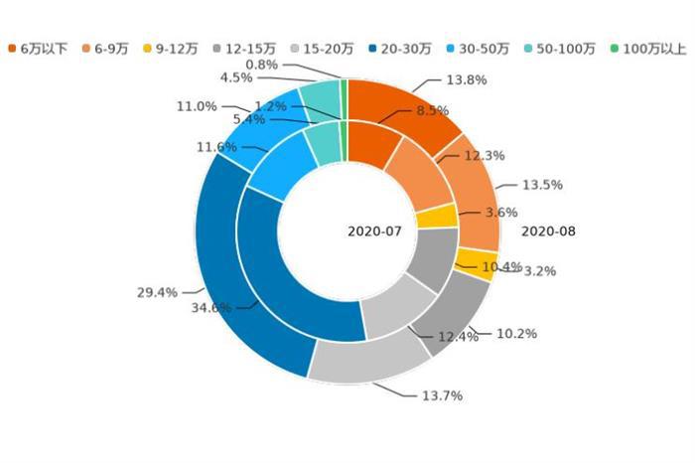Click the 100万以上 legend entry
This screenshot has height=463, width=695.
[x=647, y=48]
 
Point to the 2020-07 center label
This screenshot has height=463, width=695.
[x=374, y=231]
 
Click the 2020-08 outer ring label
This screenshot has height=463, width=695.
[x=548, y=231]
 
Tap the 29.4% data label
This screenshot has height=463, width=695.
[x=157, y=292]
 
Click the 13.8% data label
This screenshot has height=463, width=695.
[x=467, y=79]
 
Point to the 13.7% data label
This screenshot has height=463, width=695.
[x=442, y=395]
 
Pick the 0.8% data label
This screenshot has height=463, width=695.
[x=261, y=65]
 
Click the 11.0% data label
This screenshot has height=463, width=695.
[x=197, y=105]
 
